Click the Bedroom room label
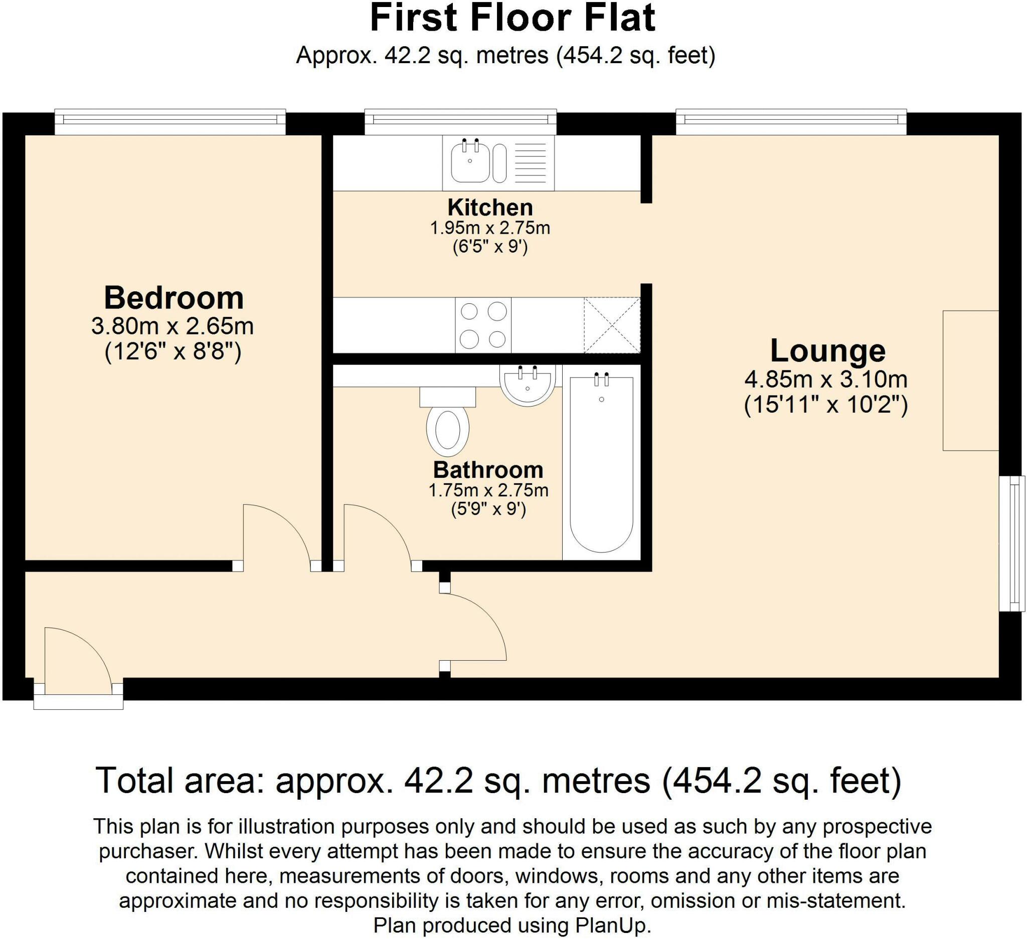tap(174, 298)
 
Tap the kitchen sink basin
tap(470, 162)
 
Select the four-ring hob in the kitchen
tap(483, 325)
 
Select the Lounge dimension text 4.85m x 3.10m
tap(826, 380)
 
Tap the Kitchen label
tap(490, 207)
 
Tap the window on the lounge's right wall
tap(1012, 543)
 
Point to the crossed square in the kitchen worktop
tap(612, 325)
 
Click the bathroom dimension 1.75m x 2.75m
tap(488, 490)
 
